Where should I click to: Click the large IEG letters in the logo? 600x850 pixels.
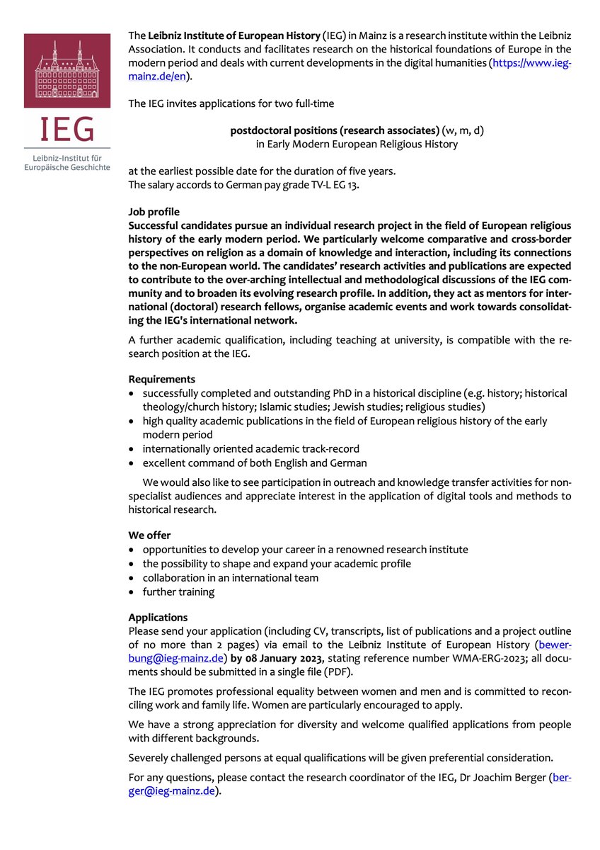(66, 130)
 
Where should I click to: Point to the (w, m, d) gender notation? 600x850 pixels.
(463, 131)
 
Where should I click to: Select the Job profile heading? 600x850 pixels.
(154, 211)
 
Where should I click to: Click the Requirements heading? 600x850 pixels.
(161, 379)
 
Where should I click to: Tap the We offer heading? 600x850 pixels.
(149, 535)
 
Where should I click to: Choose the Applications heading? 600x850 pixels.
(158, 618)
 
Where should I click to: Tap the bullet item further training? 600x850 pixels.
(178, 591)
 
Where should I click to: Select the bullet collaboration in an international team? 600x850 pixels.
(230, 577)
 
